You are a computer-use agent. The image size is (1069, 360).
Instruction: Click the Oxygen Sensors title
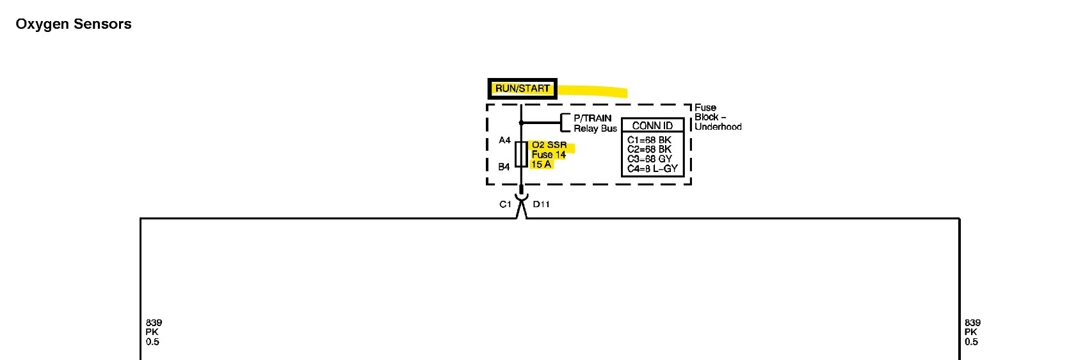(x=74, y=24)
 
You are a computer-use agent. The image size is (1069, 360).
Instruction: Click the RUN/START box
(x=522, y=88)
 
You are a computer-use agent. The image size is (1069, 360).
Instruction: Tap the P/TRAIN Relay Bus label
(x=595, y=123)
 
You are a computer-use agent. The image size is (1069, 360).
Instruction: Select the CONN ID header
(x=652, y=125)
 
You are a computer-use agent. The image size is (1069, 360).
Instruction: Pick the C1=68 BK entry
(x=649, y=140)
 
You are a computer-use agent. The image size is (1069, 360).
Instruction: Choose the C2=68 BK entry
(x=649, y=150)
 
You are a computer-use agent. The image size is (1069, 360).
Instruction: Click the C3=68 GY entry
(x=649, y=159)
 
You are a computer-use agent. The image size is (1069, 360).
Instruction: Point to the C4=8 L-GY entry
(x=652, y=169)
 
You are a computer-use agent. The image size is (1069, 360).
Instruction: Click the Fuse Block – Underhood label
(x=718, y=117)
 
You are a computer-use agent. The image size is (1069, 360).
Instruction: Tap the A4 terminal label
(x=504, y=140)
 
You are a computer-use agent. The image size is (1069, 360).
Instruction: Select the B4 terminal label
(x=504, y=167)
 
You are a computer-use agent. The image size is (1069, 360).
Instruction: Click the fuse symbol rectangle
(x=521, y=154)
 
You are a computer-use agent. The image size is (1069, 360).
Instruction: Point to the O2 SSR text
(x=549, y=145)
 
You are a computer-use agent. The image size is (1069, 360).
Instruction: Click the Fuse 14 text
(x=549, y=155)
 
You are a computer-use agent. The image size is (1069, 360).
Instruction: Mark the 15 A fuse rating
(x=541, y=164)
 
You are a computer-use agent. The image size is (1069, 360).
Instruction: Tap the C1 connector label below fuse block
(x=505, y=205)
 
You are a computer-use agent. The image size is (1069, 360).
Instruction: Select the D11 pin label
(x=541, y=205)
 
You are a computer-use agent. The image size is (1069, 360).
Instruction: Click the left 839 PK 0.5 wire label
(x=154, y=332)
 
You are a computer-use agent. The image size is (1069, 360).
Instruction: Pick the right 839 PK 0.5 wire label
(x=972, y=332)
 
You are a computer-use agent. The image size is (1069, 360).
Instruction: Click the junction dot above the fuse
(x=521, y=122)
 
